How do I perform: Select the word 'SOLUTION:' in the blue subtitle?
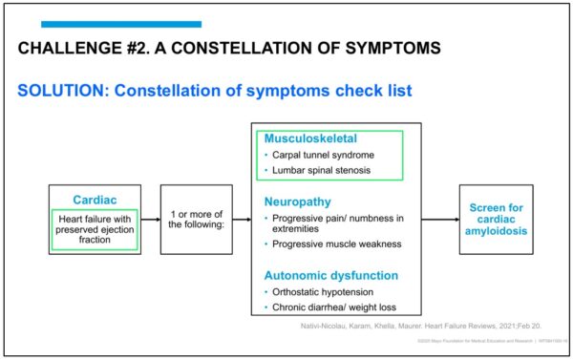tap(61, 91)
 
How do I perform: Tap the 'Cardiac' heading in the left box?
tap(95, 200)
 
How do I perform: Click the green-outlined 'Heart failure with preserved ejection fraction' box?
tap(95, 229)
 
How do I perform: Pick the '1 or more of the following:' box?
tap(197, 219)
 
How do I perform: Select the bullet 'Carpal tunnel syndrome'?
tap(324, 155)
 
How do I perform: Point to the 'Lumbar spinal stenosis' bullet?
tap(322, 170)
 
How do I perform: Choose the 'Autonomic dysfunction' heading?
tap(330, 275)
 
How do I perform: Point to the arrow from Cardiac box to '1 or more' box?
tap(151, 220)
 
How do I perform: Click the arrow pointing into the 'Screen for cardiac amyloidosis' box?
tap(440, 220)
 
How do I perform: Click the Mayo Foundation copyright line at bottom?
tap(477, 347)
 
